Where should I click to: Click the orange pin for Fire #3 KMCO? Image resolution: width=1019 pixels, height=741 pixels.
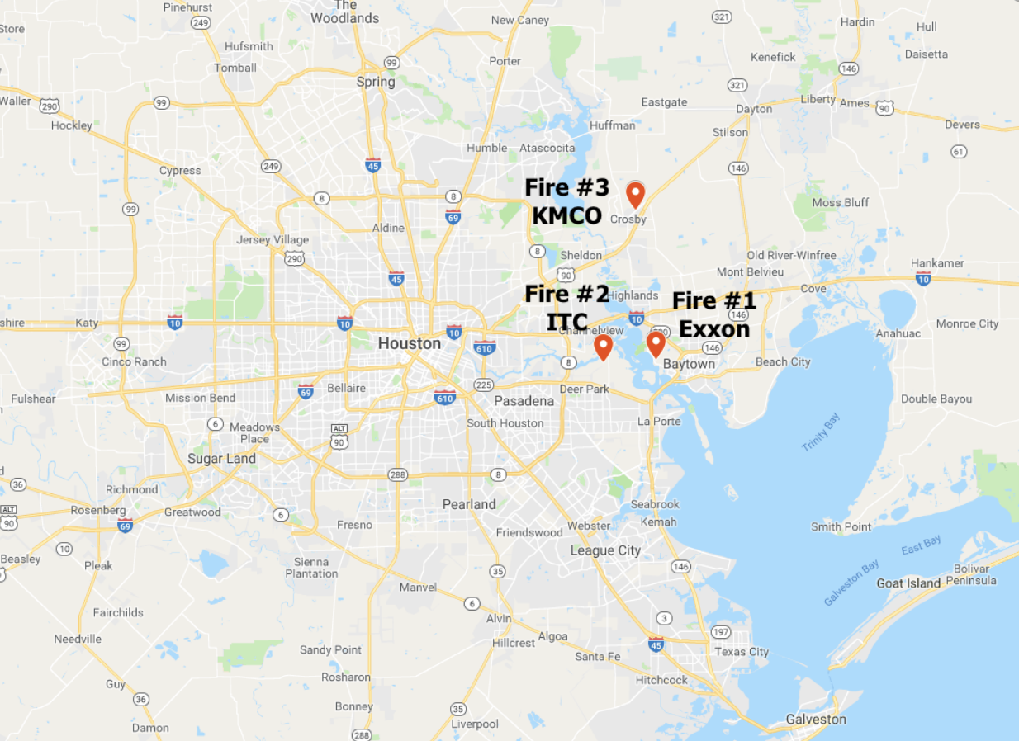635,194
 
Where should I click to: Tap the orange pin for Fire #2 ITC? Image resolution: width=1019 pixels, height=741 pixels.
604,347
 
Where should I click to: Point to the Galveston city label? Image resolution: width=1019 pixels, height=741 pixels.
816,719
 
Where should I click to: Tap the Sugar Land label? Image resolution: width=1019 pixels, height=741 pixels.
221,459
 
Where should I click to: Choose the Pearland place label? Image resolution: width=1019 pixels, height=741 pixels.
469,504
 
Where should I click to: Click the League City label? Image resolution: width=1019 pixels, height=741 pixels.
605,550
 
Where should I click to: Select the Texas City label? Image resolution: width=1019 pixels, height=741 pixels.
742,652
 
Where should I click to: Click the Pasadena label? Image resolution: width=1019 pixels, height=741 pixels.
524,401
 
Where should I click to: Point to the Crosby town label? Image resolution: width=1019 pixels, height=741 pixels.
628,219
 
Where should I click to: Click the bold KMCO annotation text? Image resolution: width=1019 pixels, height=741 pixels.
566,215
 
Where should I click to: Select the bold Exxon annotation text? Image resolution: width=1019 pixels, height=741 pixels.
714,328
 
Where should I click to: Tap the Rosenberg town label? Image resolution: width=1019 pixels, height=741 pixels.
97,510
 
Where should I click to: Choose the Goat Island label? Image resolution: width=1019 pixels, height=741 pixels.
908,583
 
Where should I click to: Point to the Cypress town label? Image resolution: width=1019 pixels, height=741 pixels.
180,171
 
